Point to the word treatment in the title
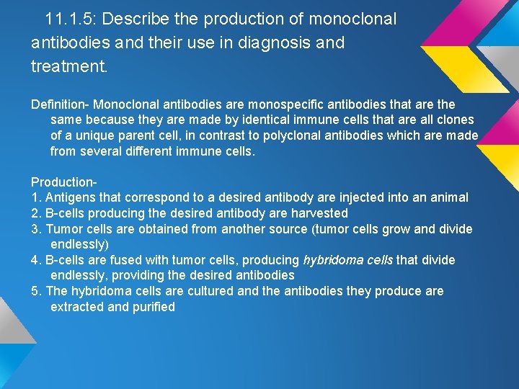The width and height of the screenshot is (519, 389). pos(68,67)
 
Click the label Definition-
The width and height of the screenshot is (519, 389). pos(60,104)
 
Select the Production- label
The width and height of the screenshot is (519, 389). pos(64,182)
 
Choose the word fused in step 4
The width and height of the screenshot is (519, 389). pos(123,260)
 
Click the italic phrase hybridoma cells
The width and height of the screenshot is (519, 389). pos(348,260)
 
